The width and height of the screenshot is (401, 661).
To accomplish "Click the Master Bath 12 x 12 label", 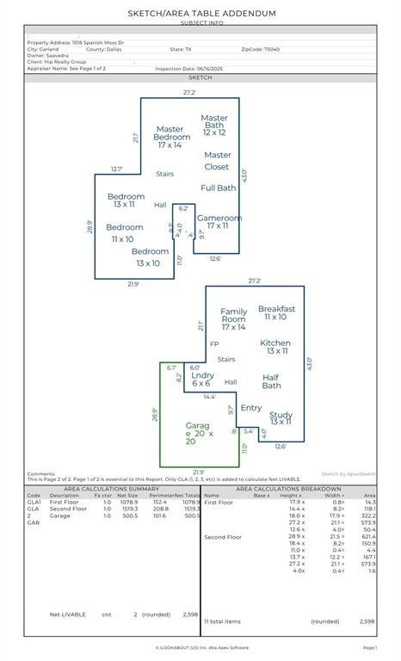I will [214, 125].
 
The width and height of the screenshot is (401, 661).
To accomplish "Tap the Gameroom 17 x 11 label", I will [219, 222].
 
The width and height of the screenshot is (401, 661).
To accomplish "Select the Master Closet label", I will [218, 161].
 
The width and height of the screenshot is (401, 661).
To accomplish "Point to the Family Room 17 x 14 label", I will [233, 319].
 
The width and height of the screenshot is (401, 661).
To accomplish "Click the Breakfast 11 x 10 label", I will [276, 312].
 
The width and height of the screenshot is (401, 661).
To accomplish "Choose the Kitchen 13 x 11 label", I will [275, 347].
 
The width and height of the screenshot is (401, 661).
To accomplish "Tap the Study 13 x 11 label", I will [281, 418].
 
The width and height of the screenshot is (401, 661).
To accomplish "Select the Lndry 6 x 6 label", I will [203, 380].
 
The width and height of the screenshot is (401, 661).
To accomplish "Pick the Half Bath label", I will [271, 381].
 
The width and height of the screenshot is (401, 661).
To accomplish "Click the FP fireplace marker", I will [213, 344].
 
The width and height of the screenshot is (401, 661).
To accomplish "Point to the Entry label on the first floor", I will [251, 408].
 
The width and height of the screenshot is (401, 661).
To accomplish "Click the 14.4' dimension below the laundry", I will [209, 397].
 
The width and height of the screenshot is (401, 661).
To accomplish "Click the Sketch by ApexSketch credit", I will [348, 473].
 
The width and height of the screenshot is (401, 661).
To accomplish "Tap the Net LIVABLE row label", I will [68, 615].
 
